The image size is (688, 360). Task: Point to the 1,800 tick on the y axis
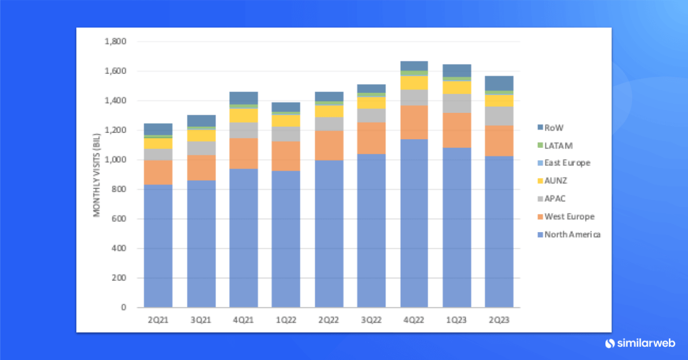115,42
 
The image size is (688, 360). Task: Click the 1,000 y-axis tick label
115,160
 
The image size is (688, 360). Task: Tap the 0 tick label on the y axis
123,307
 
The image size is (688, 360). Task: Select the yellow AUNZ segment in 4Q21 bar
244,115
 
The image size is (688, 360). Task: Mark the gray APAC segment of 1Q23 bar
457,103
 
